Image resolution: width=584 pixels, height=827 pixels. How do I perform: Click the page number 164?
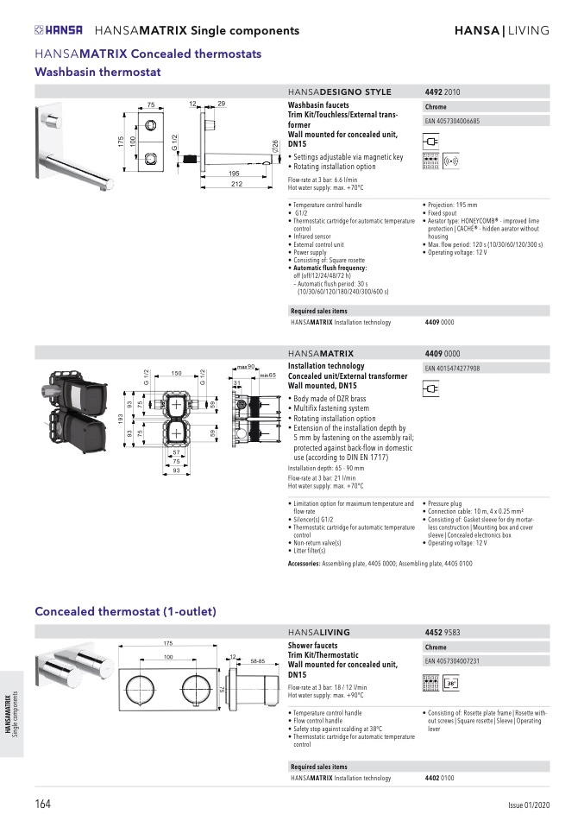click(x=43, y=805)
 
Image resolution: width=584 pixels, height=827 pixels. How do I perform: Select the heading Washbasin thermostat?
click(x=97, y=72)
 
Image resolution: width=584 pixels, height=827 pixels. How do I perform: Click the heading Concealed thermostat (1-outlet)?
click(x=125, y=611)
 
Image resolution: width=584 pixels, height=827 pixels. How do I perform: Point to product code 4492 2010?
click(x=443, y=92)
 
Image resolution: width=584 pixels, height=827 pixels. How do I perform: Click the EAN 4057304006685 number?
click(x=453, y=122)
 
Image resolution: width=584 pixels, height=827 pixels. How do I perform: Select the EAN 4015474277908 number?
click(x=453, y=369)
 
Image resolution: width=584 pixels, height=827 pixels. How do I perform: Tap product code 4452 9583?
click(x=443, y=633)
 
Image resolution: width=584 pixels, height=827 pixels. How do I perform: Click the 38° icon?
click(x=450, y=684)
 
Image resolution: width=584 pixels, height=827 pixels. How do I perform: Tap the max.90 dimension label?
click(x=246, y=367)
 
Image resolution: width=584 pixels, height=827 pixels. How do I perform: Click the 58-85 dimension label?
click(x=258, y=660)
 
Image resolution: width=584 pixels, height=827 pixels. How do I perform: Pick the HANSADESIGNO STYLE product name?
click(x=339, y=92)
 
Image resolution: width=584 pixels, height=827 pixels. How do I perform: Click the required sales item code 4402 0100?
click(x=440, y=778)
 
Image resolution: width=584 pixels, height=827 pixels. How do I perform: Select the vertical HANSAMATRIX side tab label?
click(x=9, y=713)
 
